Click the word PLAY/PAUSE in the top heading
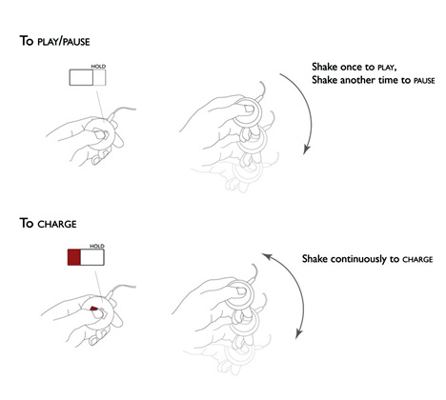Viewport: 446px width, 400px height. point(64,42)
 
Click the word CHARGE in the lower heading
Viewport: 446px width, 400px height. point(57,224)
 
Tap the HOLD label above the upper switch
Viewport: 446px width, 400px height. point(98,67)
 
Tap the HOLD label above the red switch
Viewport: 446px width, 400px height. point(97,246)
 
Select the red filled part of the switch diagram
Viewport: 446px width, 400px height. point(74,257)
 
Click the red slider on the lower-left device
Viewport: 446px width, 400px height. point(93,308)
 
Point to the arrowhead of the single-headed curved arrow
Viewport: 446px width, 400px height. point(306,150)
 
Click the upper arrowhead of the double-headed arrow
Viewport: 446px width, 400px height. point(266,256)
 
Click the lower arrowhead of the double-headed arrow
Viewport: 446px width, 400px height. point(298,334)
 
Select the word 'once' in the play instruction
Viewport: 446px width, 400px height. point(351,68)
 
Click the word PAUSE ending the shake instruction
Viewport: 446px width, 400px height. point(424,81)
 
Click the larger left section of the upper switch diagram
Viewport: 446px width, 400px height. point(81,77)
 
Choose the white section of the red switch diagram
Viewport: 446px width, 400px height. point(92,257)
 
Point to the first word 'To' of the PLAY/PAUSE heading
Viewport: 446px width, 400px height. point(27,41)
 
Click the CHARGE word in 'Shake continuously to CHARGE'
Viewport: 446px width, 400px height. point(417,260)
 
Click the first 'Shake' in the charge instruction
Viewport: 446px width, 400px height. point(314,259)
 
